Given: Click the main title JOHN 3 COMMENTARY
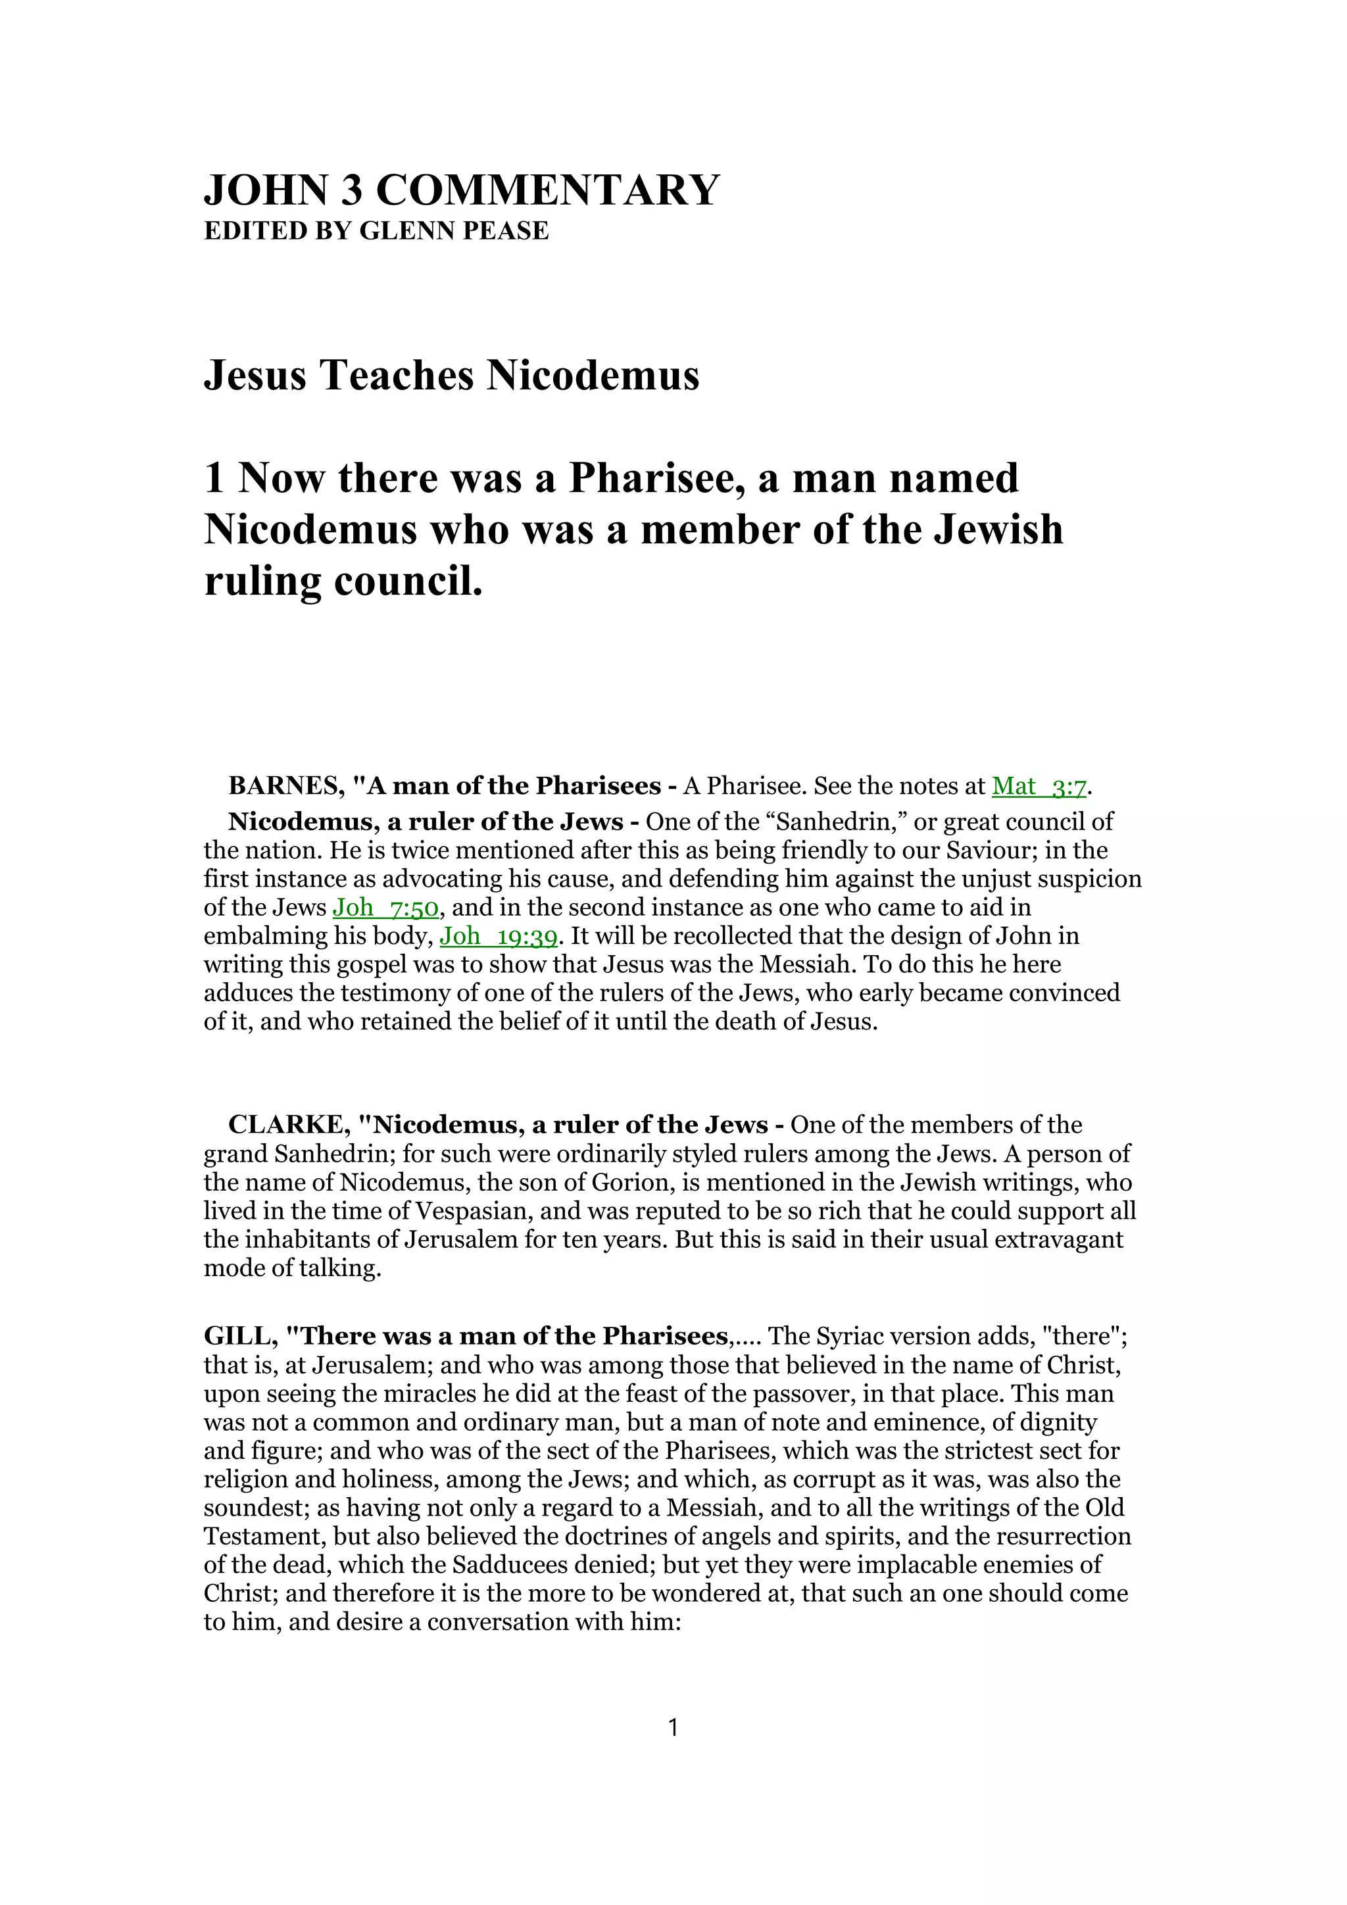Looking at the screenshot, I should [x=461, y=190].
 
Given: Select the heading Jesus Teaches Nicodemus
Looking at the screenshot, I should [x=451, y=375].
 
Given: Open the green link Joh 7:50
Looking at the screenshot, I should [x=385, y=908].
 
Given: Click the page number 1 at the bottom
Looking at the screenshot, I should [x=673, y=1728].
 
